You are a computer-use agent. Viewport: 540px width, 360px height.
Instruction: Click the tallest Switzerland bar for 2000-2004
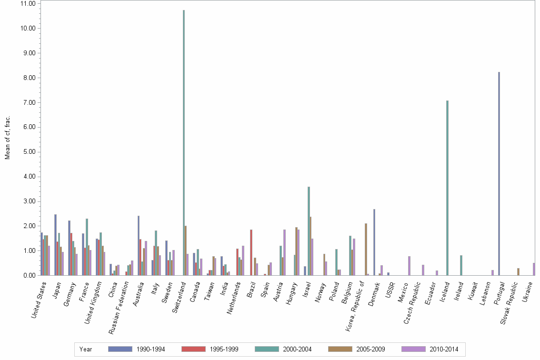point(184,143)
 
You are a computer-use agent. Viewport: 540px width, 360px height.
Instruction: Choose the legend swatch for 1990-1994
point(120,349)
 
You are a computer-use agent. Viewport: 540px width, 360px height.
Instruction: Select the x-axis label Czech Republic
point(412,302)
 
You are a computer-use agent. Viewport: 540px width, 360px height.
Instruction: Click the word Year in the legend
point(86,349)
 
